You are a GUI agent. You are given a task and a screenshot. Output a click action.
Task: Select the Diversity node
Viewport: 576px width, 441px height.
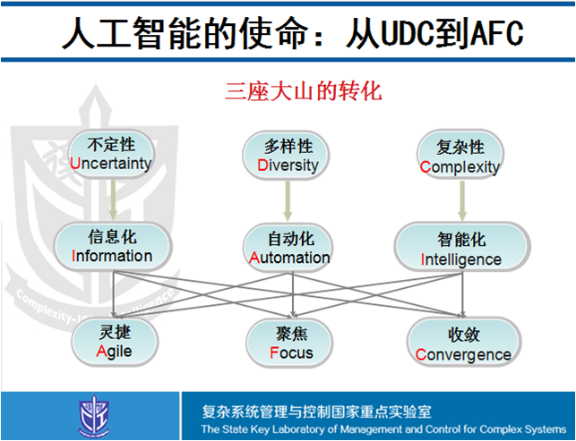[x=288, y=156]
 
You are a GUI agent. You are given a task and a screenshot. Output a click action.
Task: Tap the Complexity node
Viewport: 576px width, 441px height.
[x=460, y=156]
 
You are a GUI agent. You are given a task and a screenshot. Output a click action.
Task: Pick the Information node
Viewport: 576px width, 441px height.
[x=112, y=246]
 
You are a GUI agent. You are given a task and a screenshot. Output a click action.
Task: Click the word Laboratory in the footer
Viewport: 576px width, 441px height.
[x=302, y=429]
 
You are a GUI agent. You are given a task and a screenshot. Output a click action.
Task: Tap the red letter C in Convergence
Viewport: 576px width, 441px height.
[x=421, y=355]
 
